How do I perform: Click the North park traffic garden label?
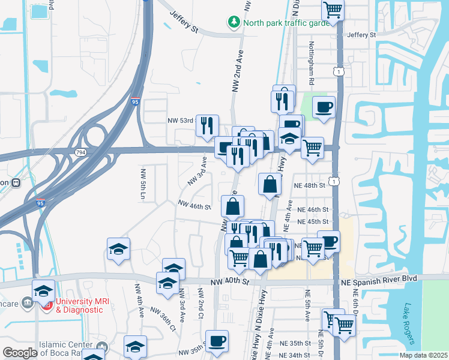[286, 23]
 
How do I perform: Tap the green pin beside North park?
[234, 22]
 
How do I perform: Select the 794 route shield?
[79, 153]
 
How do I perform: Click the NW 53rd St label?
[181, 120]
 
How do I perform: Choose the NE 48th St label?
[309, 185]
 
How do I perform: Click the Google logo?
[19, 353]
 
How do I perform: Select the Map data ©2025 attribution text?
[423, 355]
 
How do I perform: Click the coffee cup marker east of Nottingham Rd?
[324, 107]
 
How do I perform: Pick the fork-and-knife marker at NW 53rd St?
[207, 125]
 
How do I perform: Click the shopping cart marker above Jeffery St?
[333, 10]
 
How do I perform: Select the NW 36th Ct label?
[163, 319]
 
